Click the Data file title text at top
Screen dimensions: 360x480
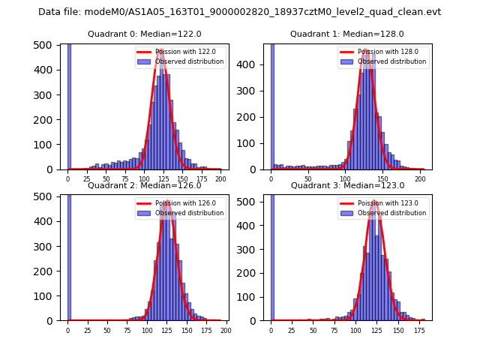[x=239, y=12]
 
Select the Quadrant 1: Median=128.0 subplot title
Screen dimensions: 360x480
[x=347, y=34]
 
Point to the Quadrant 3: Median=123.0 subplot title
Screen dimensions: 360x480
[x=347, y=185]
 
